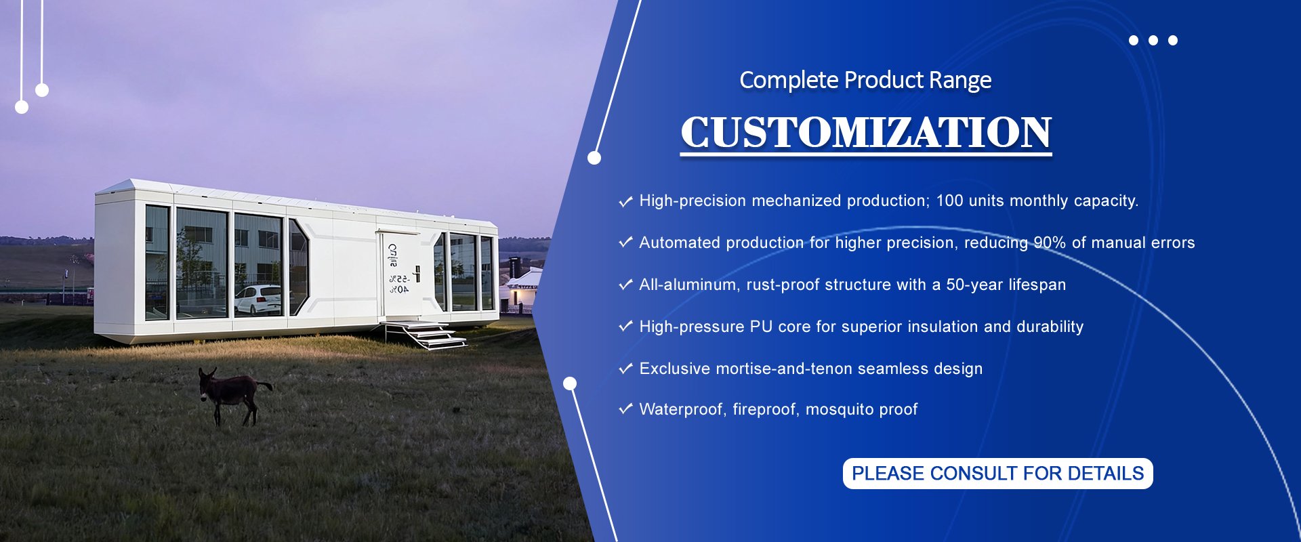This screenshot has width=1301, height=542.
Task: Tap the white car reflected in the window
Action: click(x=258, y=300)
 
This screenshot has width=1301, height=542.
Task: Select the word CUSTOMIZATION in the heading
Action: click(x=866, y=132)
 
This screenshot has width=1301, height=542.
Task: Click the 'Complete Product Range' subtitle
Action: click(x=865, y=80)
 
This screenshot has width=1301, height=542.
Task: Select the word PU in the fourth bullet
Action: click(x=761, y=327)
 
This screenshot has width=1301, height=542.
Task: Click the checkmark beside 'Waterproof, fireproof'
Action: click(x=625, y=409)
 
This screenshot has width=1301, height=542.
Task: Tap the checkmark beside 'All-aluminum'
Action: click(x=625, y=284)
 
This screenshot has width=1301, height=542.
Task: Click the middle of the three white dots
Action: click(x=1153, y=41)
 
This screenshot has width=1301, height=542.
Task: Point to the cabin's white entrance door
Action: click(x=400, y=274)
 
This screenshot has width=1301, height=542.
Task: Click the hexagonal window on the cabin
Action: click(x=298, y=267)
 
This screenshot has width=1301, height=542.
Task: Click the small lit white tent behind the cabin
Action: click(x=523, y=287)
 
